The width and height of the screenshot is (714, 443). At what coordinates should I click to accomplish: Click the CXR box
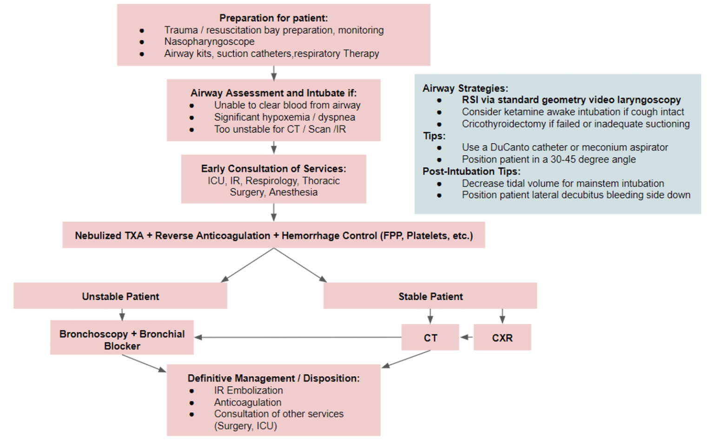(x=502, y=338)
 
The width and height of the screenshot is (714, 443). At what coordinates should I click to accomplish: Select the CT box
(x=430, y=338)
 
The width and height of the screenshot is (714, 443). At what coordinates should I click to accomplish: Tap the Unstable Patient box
(x=120, y=296)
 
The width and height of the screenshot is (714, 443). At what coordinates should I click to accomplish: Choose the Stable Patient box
(x=430, y=296)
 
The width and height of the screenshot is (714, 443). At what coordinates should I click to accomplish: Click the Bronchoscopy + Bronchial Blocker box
(x=122, y=339)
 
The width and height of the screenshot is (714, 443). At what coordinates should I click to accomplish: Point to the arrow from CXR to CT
(x=466, y=337)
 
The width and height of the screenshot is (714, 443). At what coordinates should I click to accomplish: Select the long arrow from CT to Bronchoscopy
(x=297, y=337)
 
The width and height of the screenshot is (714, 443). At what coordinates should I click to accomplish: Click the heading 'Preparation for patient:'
(x=273, y=18)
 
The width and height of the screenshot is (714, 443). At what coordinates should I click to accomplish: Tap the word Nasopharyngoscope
(x=209, y=42)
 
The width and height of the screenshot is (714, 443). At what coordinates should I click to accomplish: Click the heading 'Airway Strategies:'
(x=465, y=88)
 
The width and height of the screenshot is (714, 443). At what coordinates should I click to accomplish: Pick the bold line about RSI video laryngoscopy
(x=571, y=100)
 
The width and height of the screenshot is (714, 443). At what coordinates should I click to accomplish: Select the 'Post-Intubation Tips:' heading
(x=471, y=171)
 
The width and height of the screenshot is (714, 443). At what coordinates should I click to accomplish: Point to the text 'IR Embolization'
(x=248, y=390)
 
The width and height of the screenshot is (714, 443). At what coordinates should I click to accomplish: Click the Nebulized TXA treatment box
(x=274, y=235)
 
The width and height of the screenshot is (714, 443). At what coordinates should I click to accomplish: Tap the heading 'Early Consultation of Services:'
(x=273, y=168)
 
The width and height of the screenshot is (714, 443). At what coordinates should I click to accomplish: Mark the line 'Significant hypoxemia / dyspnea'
(x=284, y=117)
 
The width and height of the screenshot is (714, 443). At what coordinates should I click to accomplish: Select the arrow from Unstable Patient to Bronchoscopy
(x=122, y=315)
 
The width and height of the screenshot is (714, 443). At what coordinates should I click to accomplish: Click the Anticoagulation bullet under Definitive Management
(x=247, y=403)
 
